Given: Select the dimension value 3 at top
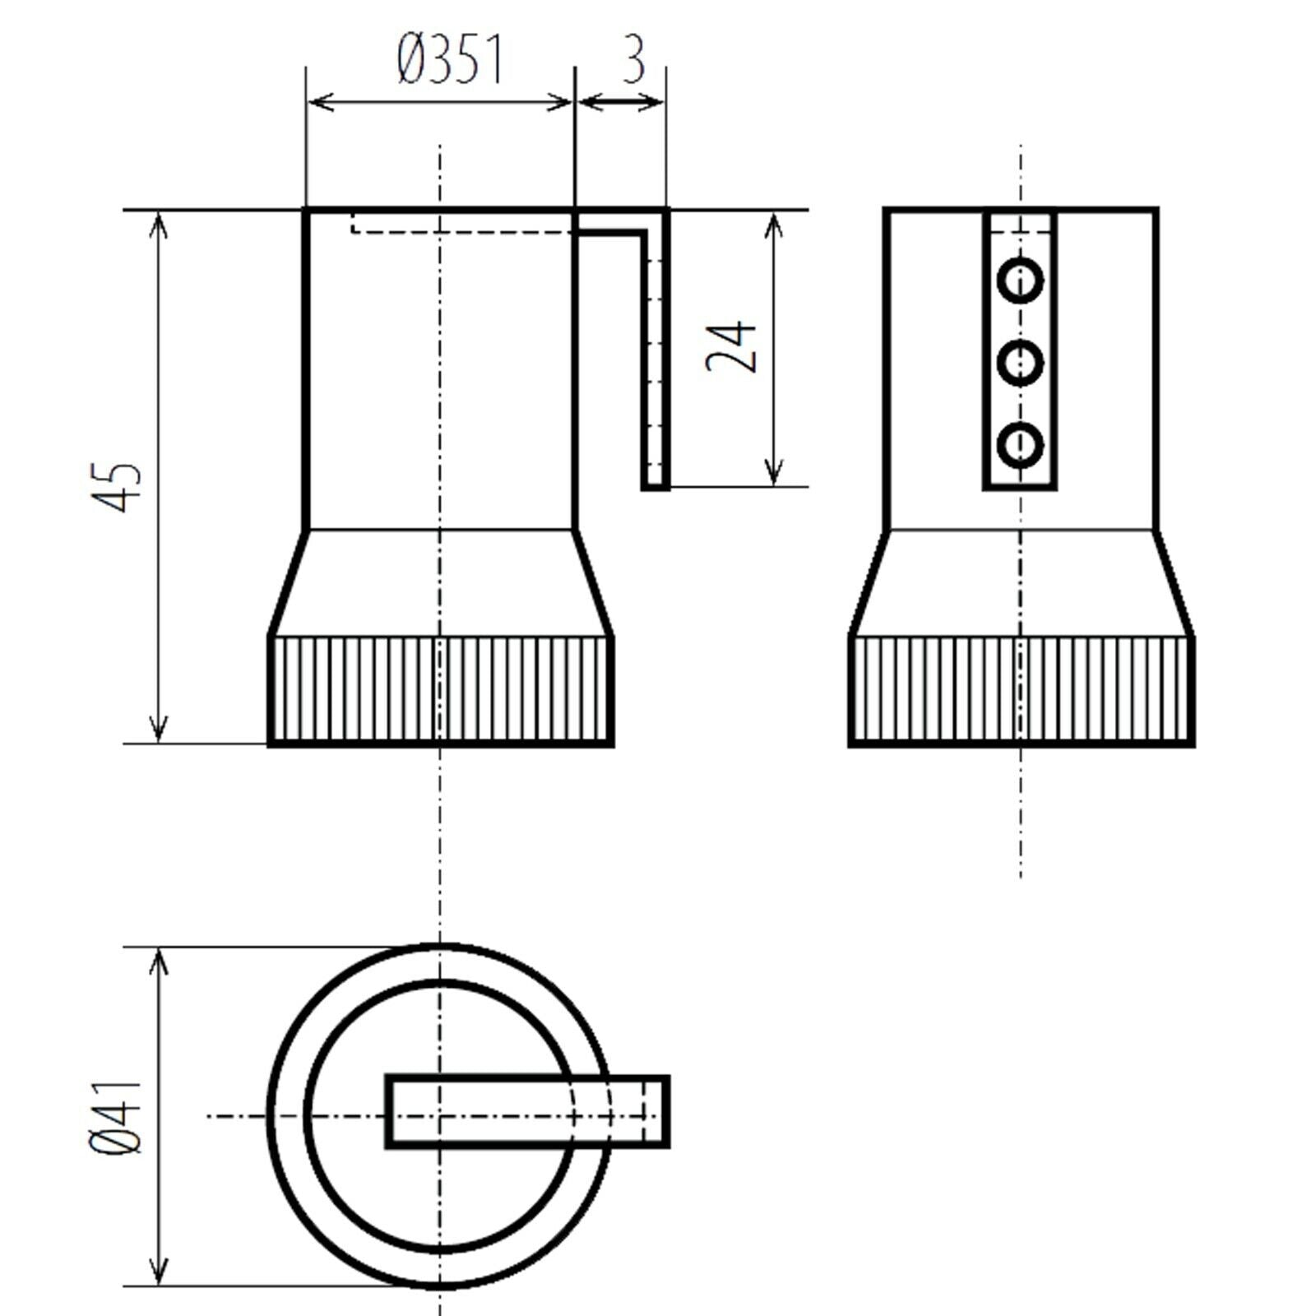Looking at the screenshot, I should click(x=633, y=60).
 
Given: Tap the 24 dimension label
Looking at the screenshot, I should click(x=731, y=346).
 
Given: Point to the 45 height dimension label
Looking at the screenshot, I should click(x=126, y=487).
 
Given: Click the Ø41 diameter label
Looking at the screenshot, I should click(x=118, y=1116).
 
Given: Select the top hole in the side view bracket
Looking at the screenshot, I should click(x=1020, y=280).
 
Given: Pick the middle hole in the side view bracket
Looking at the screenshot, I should click(x=1020, y=362).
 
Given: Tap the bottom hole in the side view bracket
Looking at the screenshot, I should click(x=1020, y=444).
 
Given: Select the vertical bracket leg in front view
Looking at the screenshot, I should click(x=656, y=362).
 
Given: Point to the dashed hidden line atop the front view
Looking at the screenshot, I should click(x=461, y=231).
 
